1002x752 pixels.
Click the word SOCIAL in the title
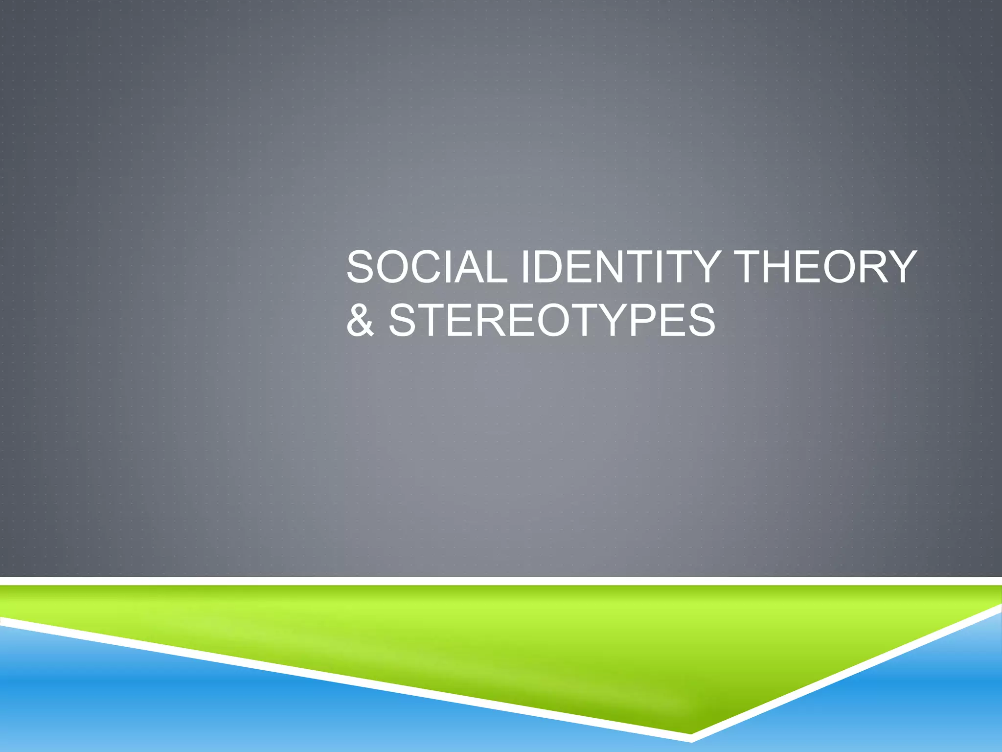(427, 267)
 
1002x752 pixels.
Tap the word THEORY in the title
(826, 267)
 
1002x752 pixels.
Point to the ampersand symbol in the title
(360, 321)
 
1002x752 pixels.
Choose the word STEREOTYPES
(552, 321)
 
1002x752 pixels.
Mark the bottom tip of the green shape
(691, 732)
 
